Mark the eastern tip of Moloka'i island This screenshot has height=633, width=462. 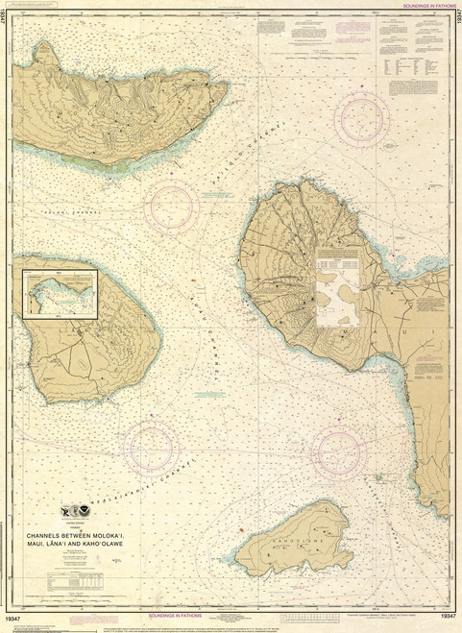tap(227, 88)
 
